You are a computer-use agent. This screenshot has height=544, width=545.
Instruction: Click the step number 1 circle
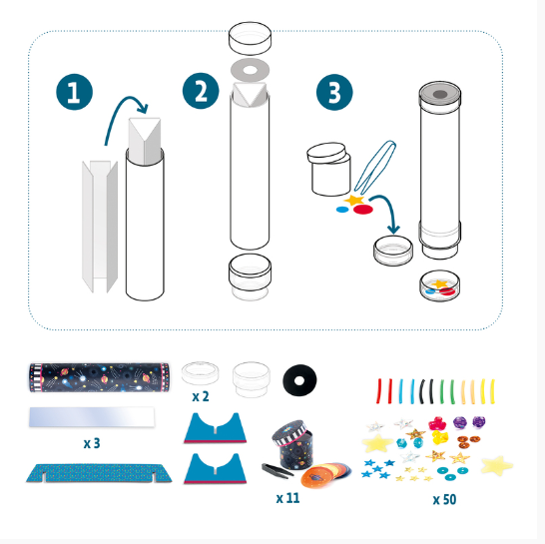(75, 92)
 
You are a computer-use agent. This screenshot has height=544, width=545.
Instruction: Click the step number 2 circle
(201, 91)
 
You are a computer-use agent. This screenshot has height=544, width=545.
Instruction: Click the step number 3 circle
(334, 92)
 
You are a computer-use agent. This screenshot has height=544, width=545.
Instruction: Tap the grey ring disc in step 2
(250, 70)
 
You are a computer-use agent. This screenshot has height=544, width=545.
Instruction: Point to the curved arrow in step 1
(122, 104)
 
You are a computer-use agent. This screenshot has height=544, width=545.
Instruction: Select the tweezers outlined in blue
(375, 166)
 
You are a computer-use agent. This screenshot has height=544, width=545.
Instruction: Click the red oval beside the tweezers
(363, 210)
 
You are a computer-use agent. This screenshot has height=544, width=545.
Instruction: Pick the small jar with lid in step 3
(328, 169)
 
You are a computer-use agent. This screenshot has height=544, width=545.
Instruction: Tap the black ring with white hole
(299, 380)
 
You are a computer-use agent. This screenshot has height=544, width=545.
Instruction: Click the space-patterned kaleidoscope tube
(100, 377)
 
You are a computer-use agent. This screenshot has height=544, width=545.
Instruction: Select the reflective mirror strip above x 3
(92, 417)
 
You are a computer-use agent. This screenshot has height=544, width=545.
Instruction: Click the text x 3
(92, 443)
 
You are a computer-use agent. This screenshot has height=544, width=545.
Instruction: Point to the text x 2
(201, 396)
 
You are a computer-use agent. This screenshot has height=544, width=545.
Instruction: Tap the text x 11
(287, 498)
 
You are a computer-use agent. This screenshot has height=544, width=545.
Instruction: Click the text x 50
(444, 499)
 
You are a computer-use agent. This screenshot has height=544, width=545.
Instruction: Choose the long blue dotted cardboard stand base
(99, 473)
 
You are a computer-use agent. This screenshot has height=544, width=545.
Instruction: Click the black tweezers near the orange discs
(277, 471)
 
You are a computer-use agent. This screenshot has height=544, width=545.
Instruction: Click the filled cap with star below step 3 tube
(439, 285)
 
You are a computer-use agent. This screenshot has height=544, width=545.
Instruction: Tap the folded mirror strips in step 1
(100, 226)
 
